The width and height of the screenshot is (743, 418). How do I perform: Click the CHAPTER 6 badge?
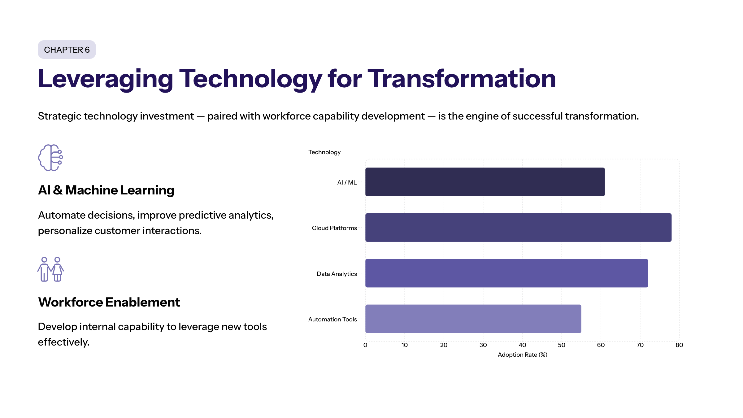coord(67,50)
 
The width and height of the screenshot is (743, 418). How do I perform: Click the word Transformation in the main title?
coord(462,79)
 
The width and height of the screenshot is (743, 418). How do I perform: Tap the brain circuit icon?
coord(50,158)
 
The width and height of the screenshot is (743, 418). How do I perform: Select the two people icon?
coord(50,269)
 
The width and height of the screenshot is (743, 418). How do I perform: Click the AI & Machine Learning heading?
coord(106,190)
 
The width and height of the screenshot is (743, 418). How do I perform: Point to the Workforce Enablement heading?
coord(109,302)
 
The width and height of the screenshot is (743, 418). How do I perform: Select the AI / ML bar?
coord(485,182)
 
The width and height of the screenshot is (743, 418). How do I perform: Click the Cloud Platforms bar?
coord(518,227)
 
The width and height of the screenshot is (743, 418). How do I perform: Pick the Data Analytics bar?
coord(506,273)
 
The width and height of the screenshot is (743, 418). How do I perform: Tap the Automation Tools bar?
coord(473,319)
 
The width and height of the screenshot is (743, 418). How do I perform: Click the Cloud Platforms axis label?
coord(334,228)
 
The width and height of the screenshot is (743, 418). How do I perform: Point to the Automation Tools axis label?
coord(332,319)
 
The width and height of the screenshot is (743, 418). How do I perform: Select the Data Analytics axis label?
coord(337,274)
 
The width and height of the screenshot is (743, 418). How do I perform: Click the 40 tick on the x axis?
coord(522,345)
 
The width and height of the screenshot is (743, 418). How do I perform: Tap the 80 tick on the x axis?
coord(679,345)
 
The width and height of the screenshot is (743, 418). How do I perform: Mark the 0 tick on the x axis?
coord(365,345)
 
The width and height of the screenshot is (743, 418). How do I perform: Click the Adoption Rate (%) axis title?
coord(522,355)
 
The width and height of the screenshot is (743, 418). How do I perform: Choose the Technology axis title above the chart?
coord(324,152)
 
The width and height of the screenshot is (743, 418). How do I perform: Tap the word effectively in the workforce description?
coord(63,342)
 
